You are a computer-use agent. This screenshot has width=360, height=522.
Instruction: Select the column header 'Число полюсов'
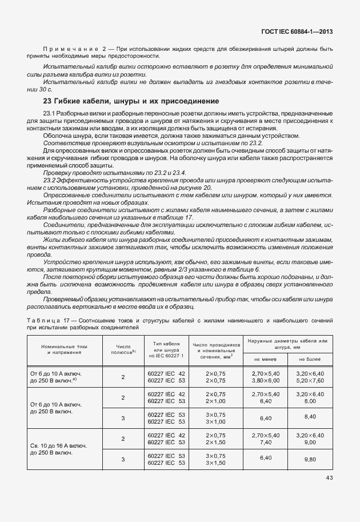coord(123,349)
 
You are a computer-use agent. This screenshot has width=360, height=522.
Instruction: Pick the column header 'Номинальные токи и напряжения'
coord(63,349)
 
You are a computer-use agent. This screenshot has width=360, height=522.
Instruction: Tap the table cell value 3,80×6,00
coord(265,380)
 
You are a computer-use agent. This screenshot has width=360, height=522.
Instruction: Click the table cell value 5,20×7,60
coord(310,380)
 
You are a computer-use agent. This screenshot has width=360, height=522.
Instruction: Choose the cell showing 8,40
coord(310,417)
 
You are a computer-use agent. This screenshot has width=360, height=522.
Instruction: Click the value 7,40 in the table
coord(265,442)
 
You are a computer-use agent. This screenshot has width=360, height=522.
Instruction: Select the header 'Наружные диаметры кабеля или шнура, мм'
coord(287,344)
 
